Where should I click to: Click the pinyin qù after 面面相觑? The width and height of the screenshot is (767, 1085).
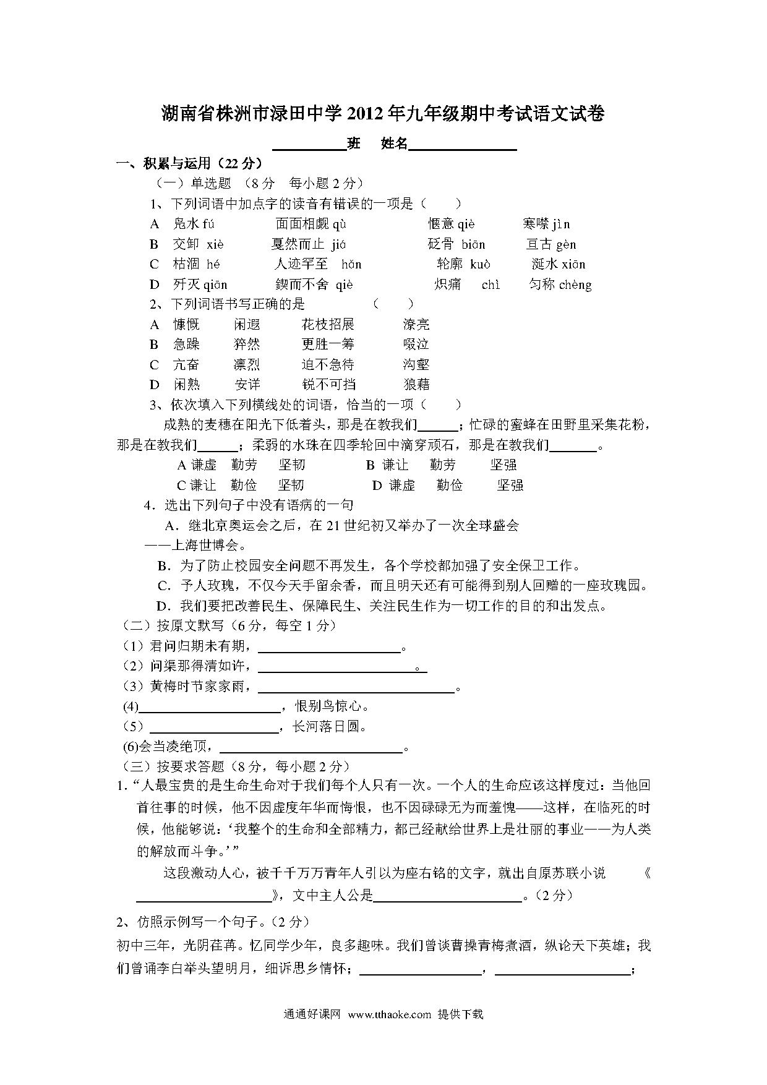[x=340, y=224]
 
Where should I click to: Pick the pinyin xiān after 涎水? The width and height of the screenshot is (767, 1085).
[x=574, y=265]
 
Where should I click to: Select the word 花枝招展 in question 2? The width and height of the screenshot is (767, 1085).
[x=328, y=325]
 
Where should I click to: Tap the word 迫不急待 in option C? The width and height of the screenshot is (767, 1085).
[x=328, y=365]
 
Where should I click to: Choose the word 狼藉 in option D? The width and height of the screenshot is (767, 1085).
[x=416, y=385]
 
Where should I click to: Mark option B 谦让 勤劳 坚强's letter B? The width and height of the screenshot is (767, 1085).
[x=371, y=465]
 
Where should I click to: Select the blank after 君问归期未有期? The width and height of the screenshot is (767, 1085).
[x=329, y=648]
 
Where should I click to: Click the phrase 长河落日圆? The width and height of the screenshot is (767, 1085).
[x=330, y=727]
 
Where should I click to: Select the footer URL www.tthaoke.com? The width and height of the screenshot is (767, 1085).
[x=389, y=1014]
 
